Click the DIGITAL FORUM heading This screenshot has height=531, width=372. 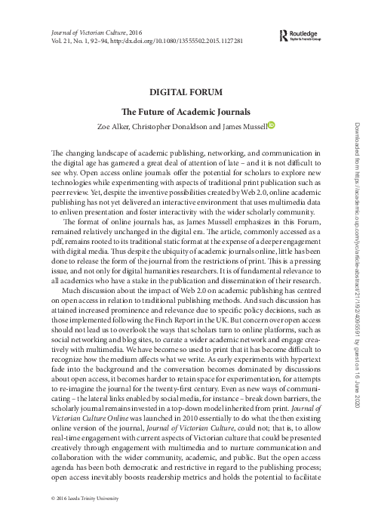pos(186,93)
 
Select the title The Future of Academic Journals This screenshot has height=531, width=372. pos(186,110)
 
